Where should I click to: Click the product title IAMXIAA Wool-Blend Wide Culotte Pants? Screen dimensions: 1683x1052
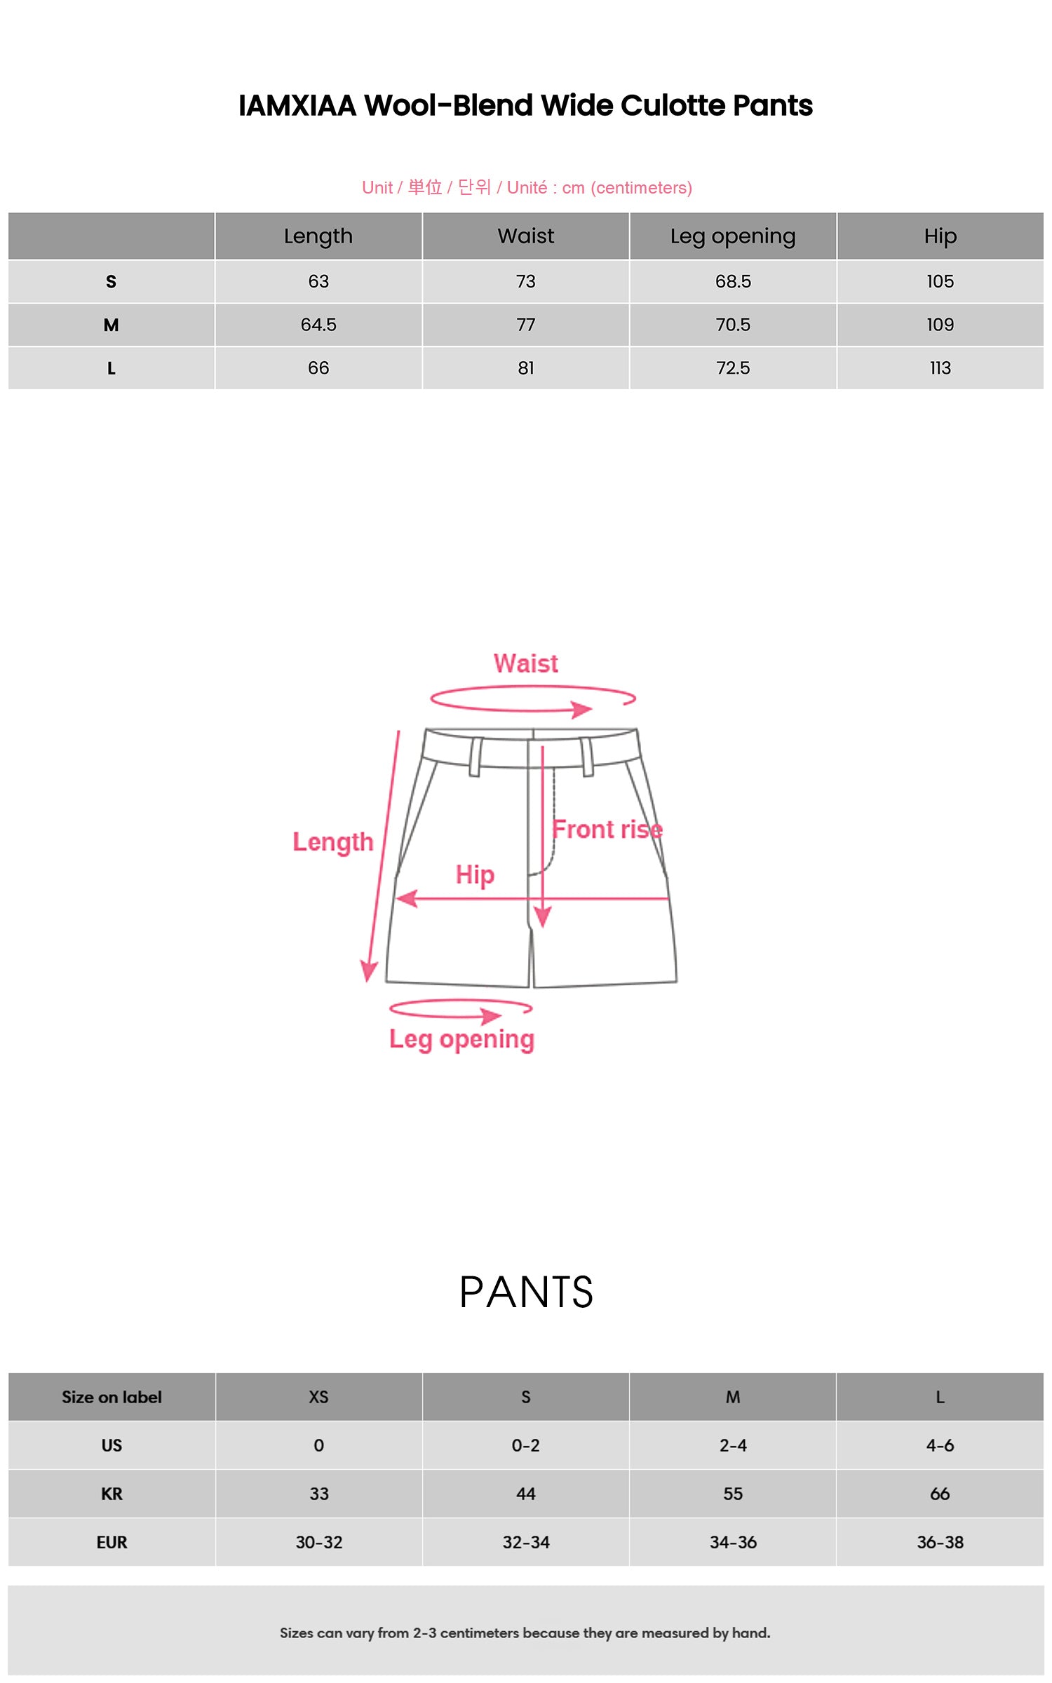(x=525, y=106)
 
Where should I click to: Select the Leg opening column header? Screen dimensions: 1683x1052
(x=733, y=236)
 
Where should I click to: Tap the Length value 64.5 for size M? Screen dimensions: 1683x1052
(x=318, y=325)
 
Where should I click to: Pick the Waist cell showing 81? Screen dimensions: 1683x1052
(x=526, y=368)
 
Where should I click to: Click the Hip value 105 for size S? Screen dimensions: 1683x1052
(x=940, y=281)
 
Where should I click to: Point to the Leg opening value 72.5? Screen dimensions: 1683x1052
(x=733, y=368)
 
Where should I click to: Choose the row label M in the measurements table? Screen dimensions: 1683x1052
(x=111, y=325)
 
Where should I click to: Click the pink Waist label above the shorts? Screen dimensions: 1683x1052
(x=526, y=663)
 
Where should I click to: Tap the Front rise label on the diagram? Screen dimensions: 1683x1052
(x=607, y=830)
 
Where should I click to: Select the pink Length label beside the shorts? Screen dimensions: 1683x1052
(x=333, y=841)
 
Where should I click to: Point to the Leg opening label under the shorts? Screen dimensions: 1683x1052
(x=461, y=1039)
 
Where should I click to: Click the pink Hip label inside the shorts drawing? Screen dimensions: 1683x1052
(x=475, y=874)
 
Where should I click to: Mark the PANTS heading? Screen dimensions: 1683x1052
(x=526, y=1292)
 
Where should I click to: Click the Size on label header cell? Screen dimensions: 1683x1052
(x=112, y=1397)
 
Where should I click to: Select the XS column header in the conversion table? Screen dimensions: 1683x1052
(x=318, y=1397)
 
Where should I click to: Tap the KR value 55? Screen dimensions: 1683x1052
(x=733, y=1494)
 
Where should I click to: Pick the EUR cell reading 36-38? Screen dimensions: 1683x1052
(x=940, y=1542)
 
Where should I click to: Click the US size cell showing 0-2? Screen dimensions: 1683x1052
(x=526, y=1445)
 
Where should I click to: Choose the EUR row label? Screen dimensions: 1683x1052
(x=112, y=1542)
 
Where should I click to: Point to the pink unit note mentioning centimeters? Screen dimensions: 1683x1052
(x=527, y=187)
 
